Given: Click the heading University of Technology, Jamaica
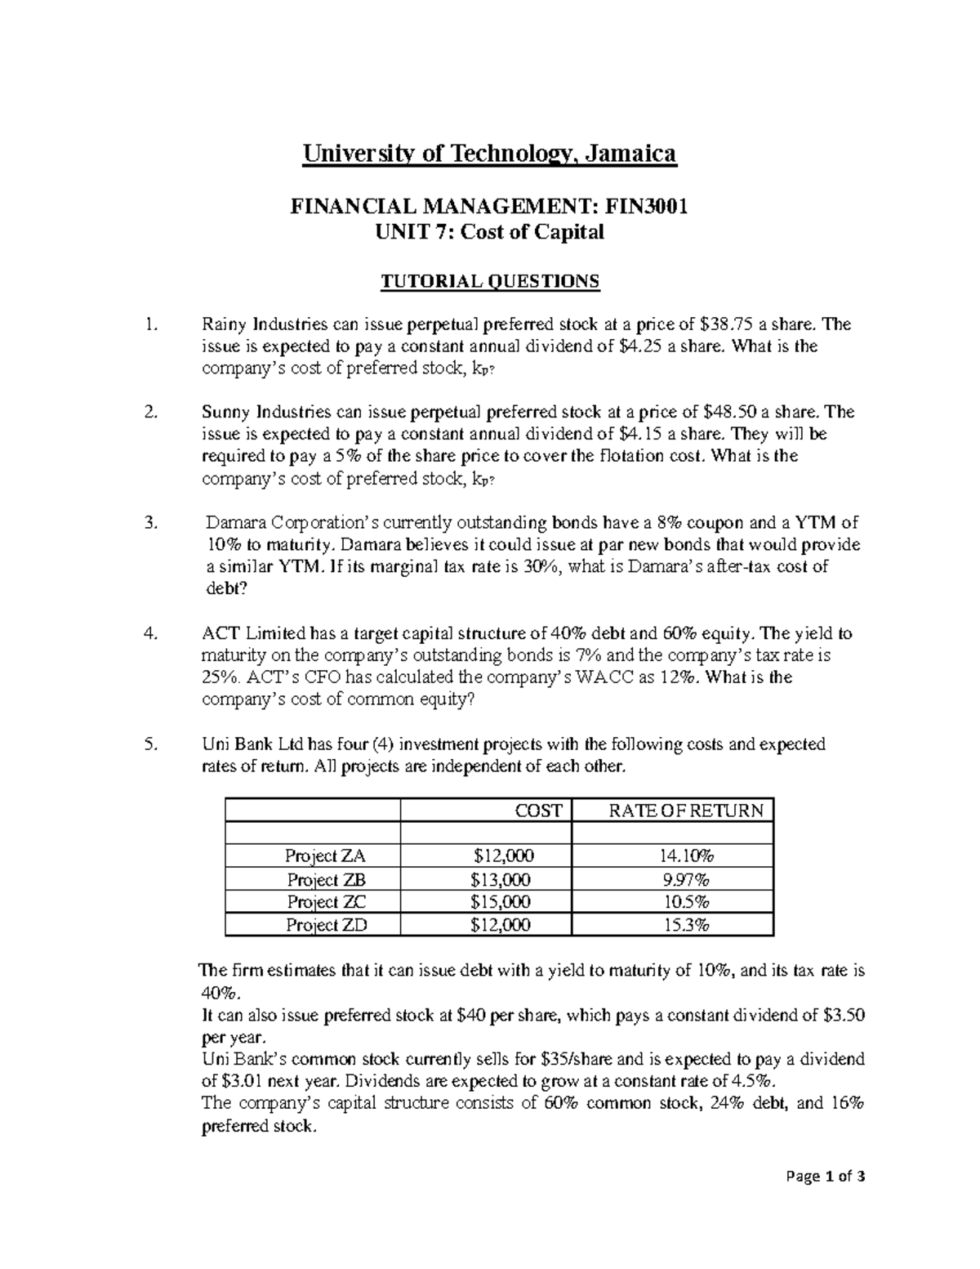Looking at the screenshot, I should coord(490,154).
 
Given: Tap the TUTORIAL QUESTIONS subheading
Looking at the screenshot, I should coord(490,282).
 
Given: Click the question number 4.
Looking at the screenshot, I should coord(149,633).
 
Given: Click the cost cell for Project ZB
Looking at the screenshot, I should coord(501,880).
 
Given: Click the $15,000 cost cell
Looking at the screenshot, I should coord(501,902).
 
